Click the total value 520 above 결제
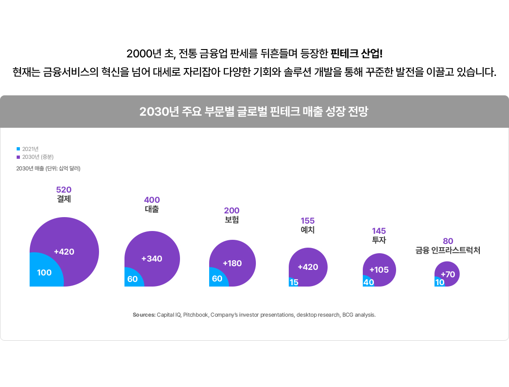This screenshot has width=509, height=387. pos(64,190)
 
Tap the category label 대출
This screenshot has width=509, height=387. pos(152,209)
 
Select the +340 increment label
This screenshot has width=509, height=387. pos(152,259)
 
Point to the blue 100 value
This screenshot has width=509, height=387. pos(44,273)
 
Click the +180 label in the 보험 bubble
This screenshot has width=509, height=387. pos(232,263)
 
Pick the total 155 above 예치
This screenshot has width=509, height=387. pos(308,221)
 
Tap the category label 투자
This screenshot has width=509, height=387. pos(379,240)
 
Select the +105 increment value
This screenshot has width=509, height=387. pos(379,270)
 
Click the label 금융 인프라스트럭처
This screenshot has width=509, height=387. pos(447,250)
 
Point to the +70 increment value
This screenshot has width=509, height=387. pos(448,275)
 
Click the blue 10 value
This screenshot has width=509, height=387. pos(440,282)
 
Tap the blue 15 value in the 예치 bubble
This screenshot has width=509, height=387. pos(294,282)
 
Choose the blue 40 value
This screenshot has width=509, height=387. pos(368,282)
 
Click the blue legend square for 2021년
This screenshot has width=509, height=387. pos(19,149)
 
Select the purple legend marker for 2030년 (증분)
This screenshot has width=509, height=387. pos(19,157)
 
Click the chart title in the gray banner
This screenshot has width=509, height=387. pos(254,112)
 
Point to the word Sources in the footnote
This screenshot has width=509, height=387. pos(144,315)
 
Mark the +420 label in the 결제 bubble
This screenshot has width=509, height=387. pos(64,252)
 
